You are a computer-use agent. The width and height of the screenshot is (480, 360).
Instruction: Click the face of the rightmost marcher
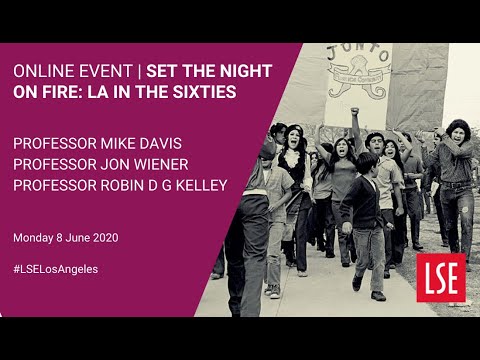(458, 132)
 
